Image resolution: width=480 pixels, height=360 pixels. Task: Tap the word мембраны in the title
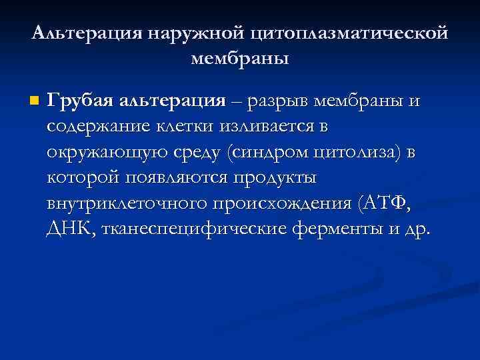(x=240, y=59)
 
